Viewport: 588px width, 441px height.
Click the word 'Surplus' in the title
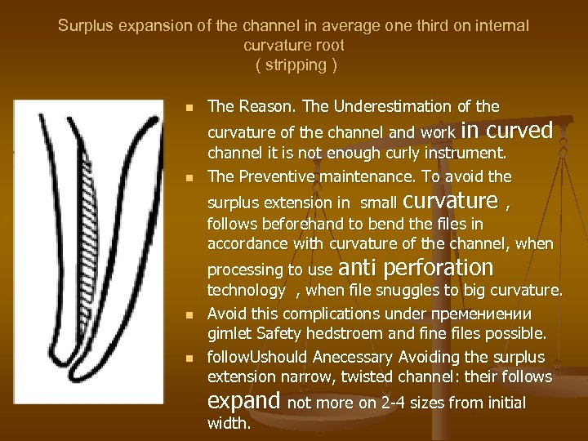click(87, 26)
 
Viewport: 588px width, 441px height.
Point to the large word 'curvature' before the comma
click(451, 200)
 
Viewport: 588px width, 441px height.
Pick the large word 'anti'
click(356, 268)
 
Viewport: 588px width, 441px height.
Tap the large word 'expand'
click(244, 402)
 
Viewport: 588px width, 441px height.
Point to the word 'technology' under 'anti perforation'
click(246, 290)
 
